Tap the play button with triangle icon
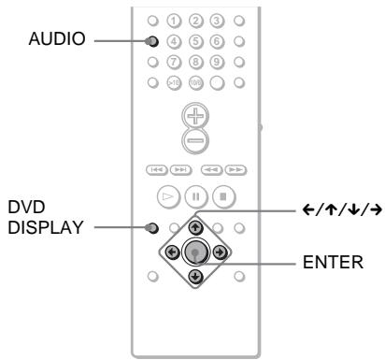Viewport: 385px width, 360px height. tap(169, 197)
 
